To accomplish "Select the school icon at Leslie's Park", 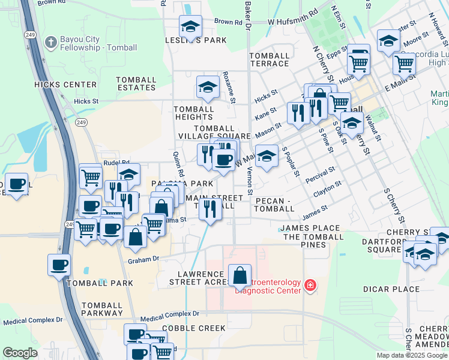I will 191,26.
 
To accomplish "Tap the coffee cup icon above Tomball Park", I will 59,265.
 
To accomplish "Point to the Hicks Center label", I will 65,85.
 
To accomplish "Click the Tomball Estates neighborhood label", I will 136,83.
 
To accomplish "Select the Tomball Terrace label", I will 270,59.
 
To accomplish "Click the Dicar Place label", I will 391,289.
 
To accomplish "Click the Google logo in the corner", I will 20,353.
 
